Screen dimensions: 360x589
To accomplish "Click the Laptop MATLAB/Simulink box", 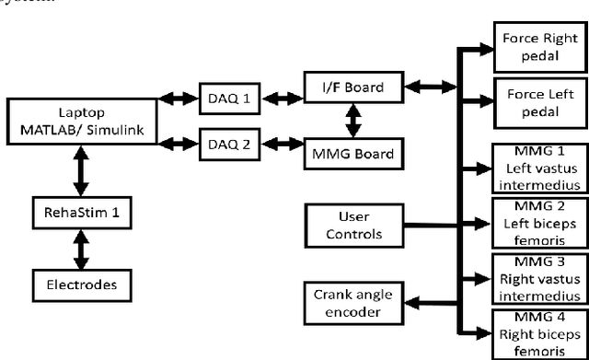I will pos(81,117).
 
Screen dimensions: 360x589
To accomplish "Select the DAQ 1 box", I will pos(228,96).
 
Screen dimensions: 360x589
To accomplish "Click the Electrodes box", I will pos(81,284).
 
